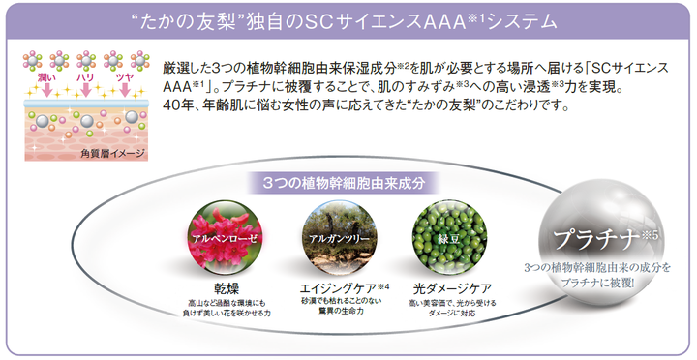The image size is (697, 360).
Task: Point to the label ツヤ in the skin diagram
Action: (x=125, y=78)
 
